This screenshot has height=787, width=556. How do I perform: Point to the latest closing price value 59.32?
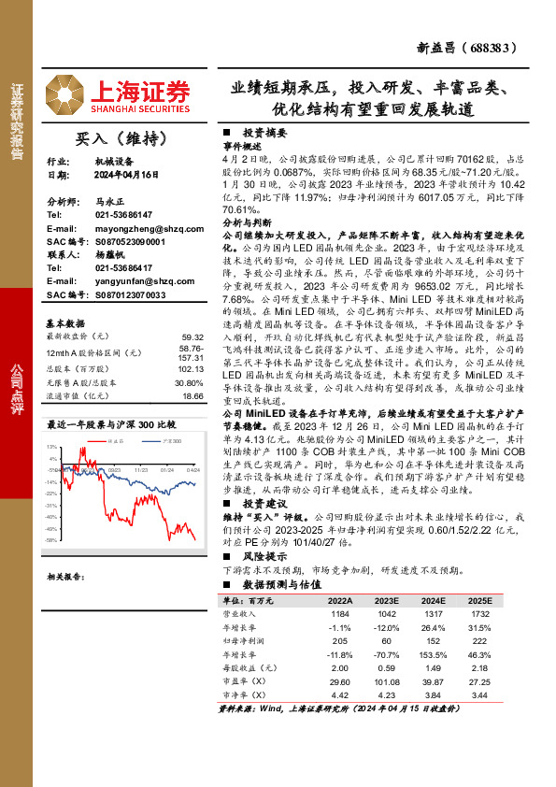tap(193, 336)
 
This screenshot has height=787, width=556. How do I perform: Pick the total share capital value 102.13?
tap(192, 367)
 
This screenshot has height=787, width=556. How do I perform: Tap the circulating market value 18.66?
tap(193, 396)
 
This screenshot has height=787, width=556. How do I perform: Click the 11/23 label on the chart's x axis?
tap(141, 470)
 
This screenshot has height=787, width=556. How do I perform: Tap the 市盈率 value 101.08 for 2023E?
tap(386, 682)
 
